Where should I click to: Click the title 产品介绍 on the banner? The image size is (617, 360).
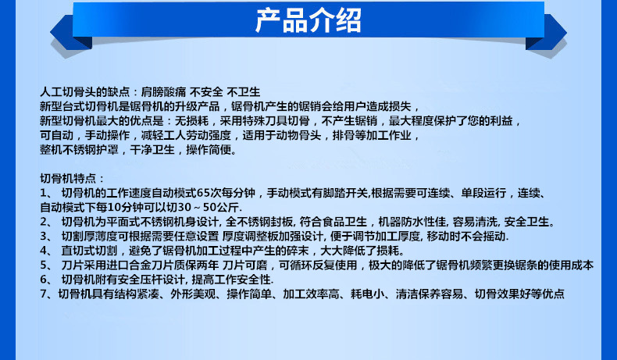[x=308, y=20]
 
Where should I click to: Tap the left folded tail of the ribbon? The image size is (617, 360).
[x=71, y=33]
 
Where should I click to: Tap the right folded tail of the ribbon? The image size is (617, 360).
[x=546, y=33]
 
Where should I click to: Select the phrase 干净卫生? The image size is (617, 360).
[x=152, y=150]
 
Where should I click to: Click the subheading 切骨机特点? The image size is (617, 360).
[x=68, y=179]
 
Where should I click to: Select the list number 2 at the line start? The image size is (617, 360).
[x=44, y=222]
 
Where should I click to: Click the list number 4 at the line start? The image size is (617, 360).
[x=44, y=251]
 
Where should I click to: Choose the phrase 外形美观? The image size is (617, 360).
[x=193, y=294]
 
